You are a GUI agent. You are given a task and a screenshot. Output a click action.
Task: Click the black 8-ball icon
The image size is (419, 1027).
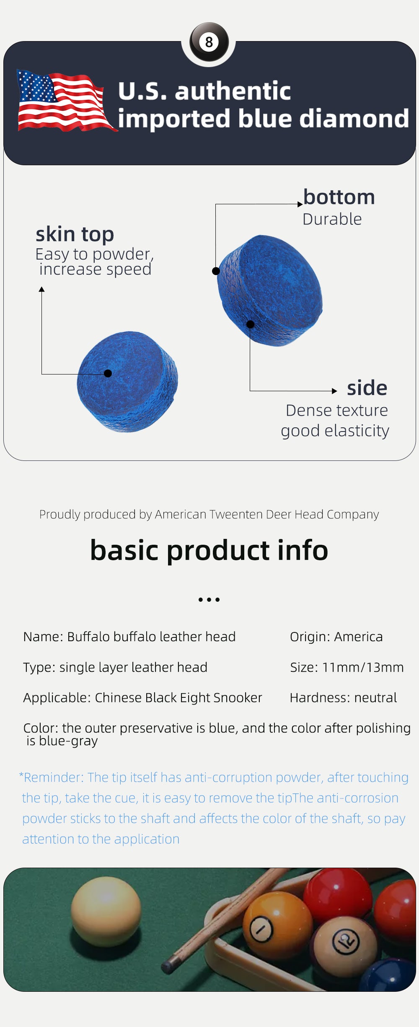pyautogui.click(x=209, y=42)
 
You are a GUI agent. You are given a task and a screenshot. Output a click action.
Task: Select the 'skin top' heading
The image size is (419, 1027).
pyautogui.click(x=75, y=234)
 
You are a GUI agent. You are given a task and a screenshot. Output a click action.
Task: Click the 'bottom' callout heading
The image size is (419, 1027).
pyautogui.click(x=339, y=197)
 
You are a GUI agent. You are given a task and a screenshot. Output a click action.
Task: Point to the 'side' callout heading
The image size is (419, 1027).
pyautogui.click(x=367, y=388)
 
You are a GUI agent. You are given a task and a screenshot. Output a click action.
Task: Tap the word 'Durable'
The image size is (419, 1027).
pyautogui.click(x=332, y=219)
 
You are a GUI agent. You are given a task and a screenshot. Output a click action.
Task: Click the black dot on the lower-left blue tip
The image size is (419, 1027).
pyautogui.click(x=108, y=373)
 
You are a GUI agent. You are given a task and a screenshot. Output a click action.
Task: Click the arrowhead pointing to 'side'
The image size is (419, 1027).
pyautogui.click(x=334, y=391)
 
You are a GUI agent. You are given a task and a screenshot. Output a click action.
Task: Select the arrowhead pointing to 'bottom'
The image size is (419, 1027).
pyautogui.click(x=300, y=204)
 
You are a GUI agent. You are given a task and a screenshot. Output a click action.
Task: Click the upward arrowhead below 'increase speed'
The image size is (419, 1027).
pyautogui.click(x=41, y=289)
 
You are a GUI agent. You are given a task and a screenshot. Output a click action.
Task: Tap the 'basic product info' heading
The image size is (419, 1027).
pyautogui.click(x=209, y=550)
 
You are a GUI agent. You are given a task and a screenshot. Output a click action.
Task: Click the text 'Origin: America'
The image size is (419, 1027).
pyautogui.click(x=336, y=637)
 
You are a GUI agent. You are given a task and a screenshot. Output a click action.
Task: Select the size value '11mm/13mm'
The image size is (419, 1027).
pyautogui.click(x=363, y=667)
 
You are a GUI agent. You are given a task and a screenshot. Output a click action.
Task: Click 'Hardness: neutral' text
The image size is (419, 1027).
pyautogui.click(x=343, y=697)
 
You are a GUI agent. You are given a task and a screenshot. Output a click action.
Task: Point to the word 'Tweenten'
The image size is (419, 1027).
pyautogui.click(x=235, y=514)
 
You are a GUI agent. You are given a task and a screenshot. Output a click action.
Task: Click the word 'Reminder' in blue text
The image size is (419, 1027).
pyautogui.click(x=53, y=777)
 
